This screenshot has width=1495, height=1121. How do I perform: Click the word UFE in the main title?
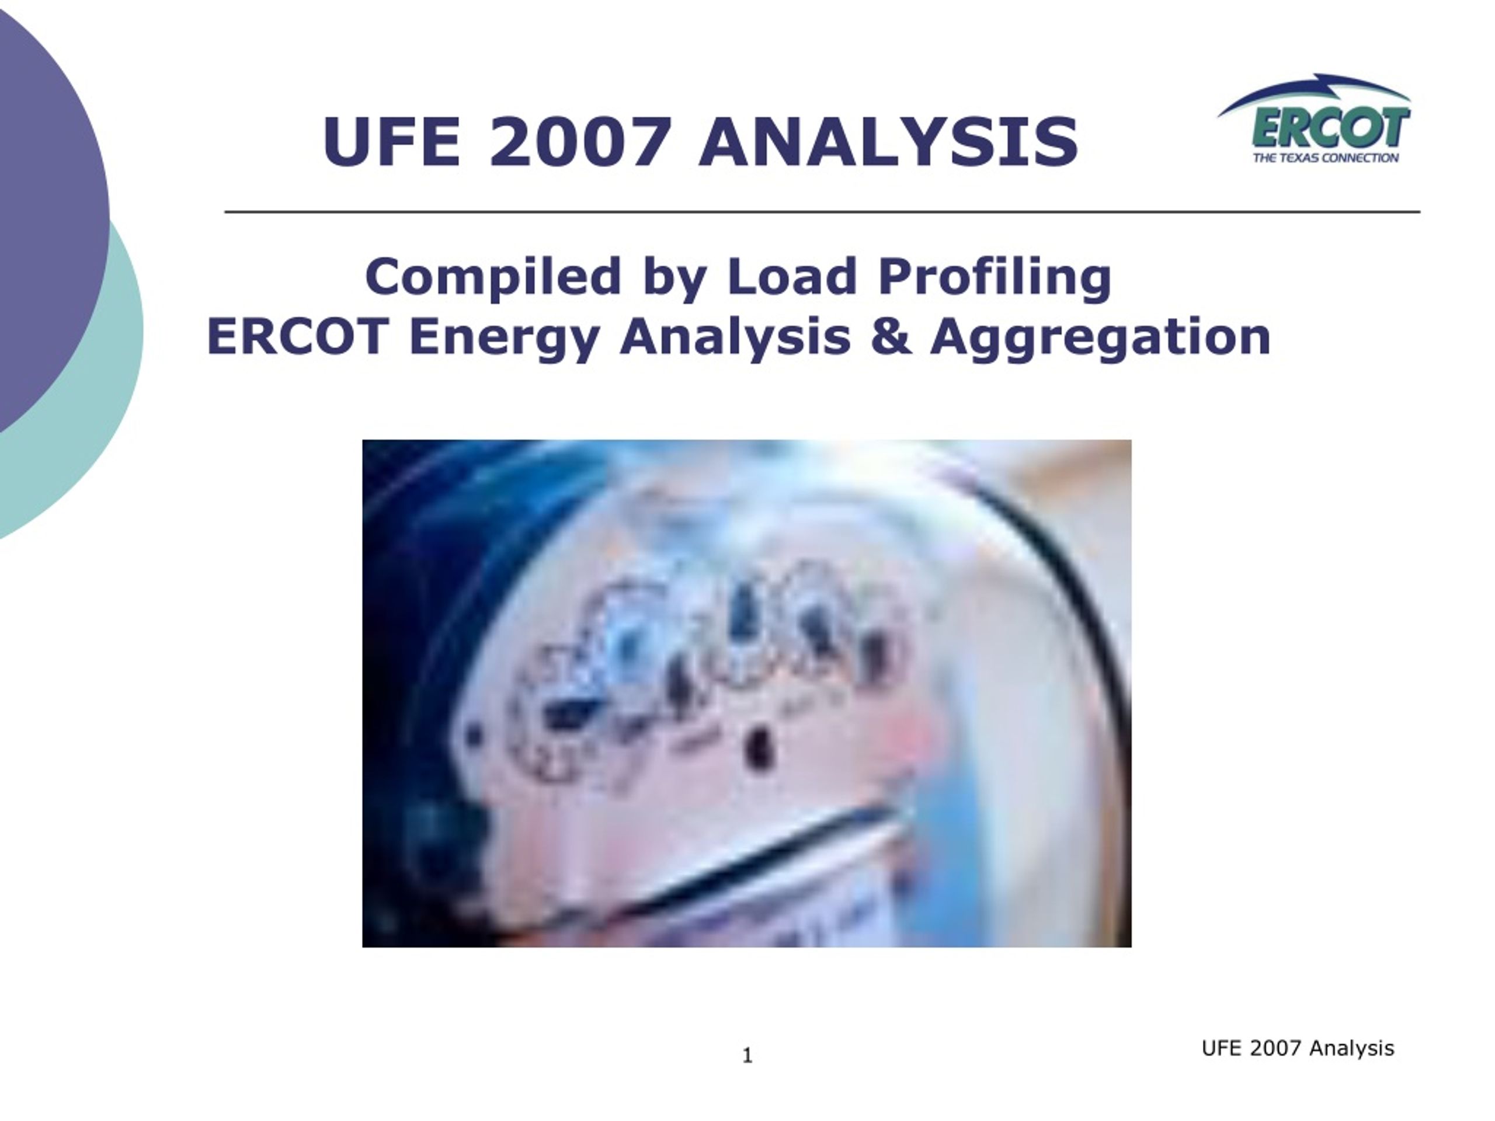pyautogui.click(x=383, y=142)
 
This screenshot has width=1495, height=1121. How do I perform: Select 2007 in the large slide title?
pyautogui.click(x=580, y=142)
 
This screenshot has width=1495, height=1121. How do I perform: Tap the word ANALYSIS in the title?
pyautogui.click(x=889, y=142)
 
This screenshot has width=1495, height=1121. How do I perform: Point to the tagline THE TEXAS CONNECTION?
pyautogui.click(x=1326, y=158)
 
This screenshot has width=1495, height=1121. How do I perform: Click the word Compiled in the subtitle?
pyautogui.click(x=493, y=277)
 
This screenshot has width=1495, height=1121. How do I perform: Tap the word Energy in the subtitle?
pyautogui.click(x=504, y=338)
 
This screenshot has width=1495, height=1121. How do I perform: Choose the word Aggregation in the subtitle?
pyautogui.click(x=1100, y=338)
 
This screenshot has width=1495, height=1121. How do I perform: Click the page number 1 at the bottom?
pyautogui.click(x=747, y=1056)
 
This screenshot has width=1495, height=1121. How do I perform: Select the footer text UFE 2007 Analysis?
pyautogui.click(x=1298, y=1048)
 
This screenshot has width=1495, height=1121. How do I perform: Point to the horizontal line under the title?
pyautogui.click(x=822, y=211)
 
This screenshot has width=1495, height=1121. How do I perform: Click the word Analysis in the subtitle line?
pyautogui.click(x=735, y=338)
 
